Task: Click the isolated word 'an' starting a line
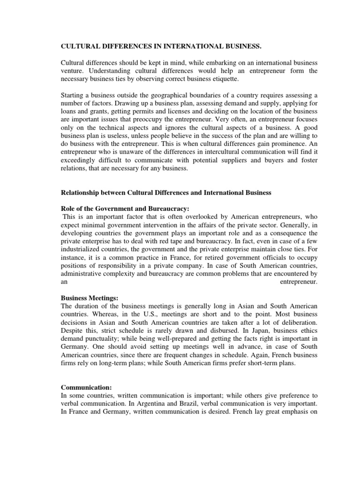tap(65, 282)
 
